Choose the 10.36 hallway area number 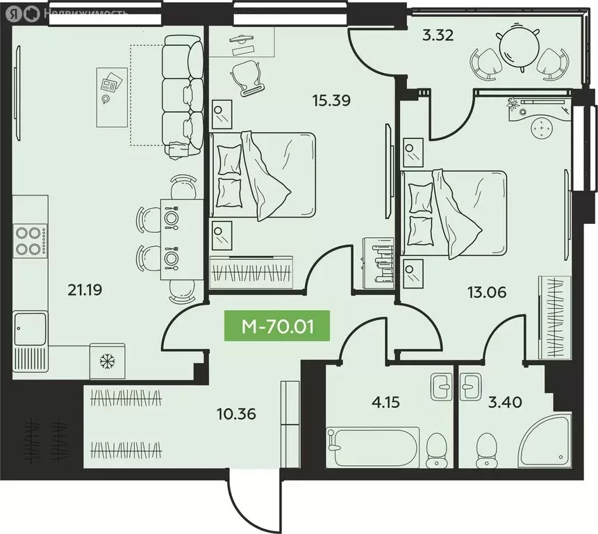tap(235, 414)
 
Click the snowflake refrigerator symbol tap(107, 361)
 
